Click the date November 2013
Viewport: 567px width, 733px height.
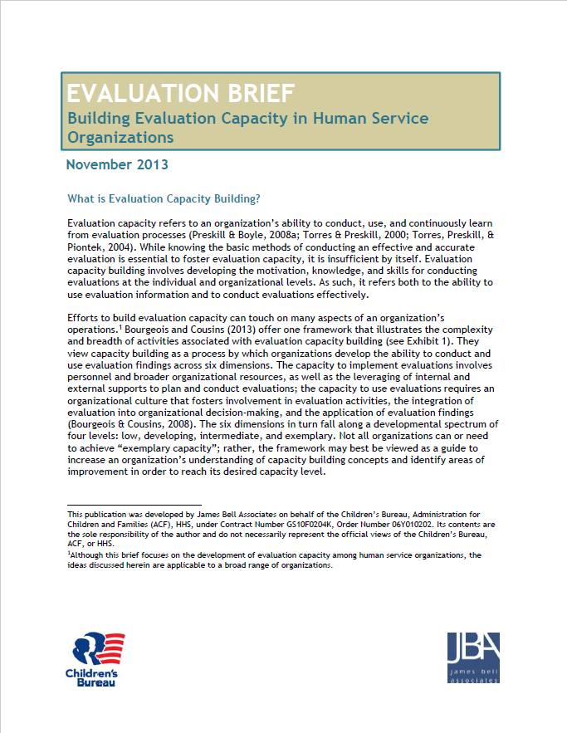(x=117, y=164)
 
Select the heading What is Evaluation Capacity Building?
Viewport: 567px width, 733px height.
(x=164, y=199)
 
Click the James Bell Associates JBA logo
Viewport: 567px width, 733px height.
(x=473, y=657)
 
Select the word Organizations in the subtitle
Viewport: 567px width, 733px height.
(x=120, y=136)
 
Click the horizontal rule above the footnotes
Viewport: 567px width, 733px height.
(x=134, y=504)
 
